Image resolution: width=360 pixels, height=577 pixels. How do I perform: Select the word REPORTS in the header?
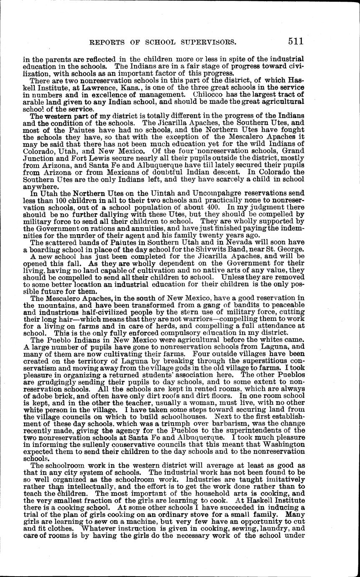coord(105,42)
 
